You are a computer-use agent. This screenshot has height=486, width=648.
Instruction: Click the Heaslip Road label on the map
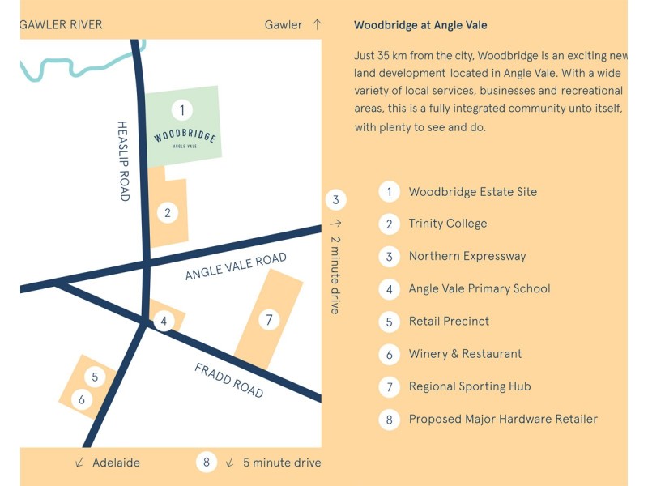(123, 161)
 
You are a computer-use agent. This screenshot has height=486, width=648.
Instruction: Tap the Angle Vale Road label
(236, 266)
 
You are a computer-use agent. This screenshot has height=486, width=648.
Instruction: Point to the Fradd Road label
(229, 380)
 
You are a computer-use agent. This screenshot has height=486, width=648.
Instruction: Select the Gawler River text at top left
(61, 24)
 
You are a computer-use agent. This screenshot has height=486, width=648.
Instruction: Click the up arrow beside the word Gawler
(317, 24)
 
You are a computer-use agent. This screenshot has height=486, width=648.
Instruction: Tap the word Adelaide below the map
(116, 463)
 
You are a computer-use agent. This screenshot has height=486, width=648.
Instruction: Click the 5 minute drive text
(282, 463)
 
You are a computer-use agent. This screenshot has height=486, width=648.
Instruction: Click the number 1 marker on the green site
(182, 109)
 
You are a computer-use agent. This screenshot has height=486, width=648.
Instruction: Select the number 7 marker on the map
(269, 320)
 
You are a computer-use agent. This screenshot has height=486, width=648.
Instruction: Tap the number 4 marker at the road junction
(164, 322)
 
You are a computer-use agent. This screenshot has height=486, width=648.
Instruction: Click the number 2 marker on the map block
(167, 213)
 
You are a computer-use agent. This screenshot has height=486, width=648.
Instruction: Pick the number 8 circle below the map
(207, 463)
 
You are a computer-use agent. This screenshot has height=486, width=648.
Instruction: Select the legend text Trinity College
(448, 224)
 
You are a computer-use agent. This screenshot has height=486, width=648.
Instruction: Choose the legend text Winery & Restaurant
(465, 354)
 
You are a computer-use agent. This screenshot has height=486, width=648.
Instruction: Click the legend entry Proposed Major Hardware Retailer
(503, 419)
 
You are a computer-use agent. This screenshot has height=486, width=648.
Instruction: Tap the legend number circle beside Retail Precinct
(390, 322)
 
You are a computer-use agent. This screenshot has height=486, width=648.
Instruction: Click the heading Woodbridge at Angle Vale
(420, 25)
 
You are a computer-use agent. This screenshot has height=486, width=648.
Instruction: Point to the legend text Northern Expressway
(467, 256)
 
